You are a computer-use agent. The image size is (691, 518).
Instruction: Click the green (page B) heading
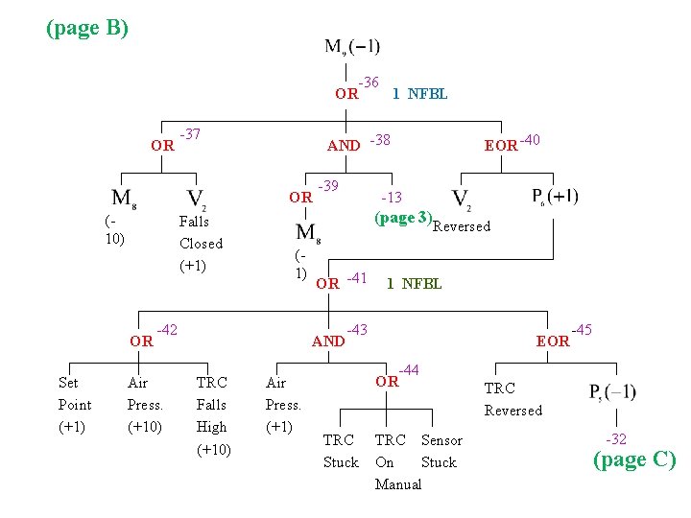point(87,28)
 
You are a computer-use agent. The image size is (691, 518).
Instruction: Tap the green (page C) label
point(633,459)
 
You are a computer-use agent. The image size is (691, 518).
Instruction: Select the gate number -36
point(368,83)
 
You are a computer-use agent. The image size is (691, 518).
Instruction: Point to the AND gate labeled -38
point(344,146)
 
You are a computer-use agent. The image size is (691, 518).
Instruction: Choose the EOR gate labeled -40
point(501,146)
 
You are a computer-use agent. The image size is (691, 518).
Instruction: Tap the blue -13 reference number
point(391,198)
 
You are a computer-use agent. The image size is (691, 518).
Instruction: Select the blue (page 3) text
point(402,218)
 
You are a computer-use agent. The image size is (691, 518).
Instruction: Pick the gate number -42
point(167,329)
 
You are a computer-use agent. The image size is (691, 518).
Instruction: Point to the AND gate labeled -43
point(328,341)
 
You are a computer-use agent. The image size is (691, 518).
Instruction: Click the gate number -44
point(409,369)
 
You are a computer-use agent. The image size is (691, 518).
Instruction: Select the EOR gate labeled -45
point(553,341)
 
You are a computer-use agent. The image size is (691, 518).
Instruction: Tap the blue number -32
point(615,439)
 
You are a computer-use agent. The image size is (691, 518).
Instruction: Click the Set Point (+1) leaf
point(75,404)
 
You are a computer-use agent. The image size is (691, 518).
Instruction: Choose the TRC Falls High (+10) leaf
point(212,415)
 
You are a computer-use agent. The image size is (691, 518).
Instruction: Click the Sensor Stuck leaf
point(441,451)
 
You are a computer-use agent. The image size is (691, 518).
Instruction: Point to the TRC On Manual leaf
point(397,461)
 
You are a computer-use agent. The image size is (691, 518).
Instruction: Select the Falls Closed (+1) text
point(201,243)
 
